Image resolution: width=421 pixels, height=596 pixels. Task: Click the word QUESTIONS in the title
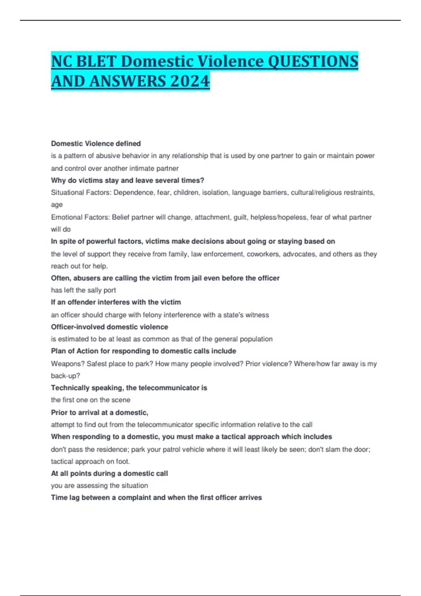[313, 61]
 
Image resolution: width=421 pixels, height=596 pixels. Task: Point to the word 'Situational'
[67, 192]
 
